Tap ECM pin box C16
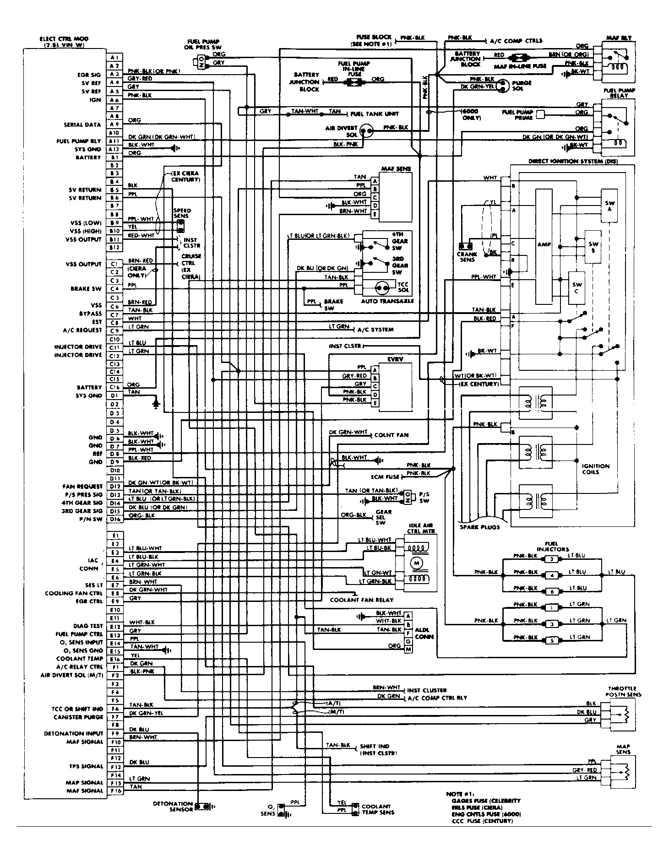pyautogui.click(x=114, y=387)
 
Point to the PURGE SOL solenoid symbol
pyautogui.click(x=502, y=85)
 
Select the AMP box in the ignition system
pyautogui.click(x=544, y=245)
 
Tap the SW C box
pyautogui.click(x=577, y=287)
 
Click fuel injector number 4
pyautogui.click(x=552, y=575)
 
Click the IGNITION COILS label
pyautogui.click(x=595, y=469)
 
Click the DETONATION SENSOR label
pyautogui.click(x=173, y=806)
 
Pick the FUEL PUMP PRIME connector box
pyautogui.click(x=541, y=114)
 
